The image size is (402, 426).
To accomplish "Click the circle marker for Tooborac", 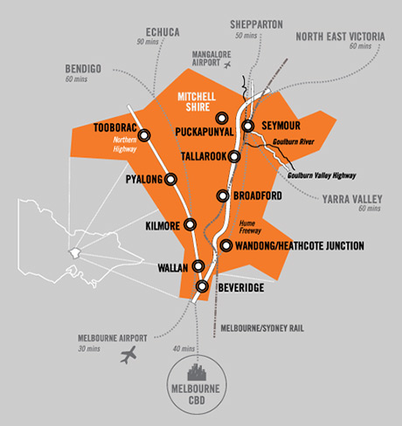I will click(144, 134).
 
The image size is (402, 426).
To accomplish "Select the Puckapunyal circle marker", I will click(222, 116).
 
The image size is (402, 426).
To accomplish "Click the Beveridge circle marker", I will click(203, 285).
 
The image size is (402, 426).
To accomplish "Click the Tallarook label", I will click(203, 156).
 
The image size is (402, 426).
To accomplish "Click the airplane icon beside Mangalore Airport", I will click(228, 65).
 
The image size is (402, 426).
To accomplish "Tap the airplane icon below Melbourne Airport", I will click(131, 354).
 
